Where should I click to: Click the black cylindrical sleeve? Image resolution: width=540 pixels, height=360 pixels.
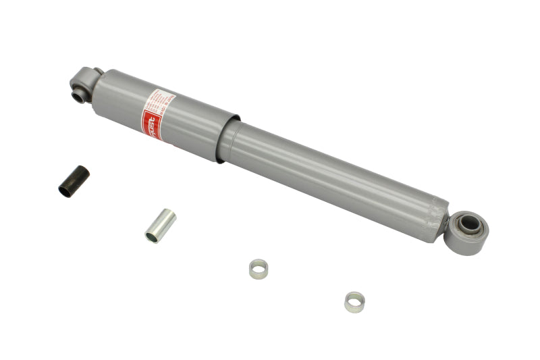coord(74,181)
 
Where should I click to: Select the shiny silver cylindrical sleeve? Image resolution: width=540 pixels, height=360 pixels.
coord(161,226)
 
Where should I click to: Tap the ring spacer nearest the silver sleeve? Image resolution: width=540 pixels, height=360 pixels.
coord(259,269)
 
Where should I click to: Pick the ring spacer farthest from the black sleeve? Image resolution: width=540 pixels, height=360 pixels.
coord(354,301)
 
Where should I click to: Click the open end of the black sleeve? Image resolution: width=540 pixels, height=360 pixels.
coord(65,191)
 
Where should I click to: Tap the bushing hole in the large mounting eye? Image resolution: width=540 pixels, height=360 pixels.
coord(470,227)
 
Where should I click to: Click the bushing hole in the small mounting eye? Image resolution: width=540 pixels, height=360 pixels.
coord(80,95)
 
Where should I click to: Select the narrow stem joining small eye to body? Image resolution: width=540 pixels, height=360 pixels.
coord(97,76)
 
